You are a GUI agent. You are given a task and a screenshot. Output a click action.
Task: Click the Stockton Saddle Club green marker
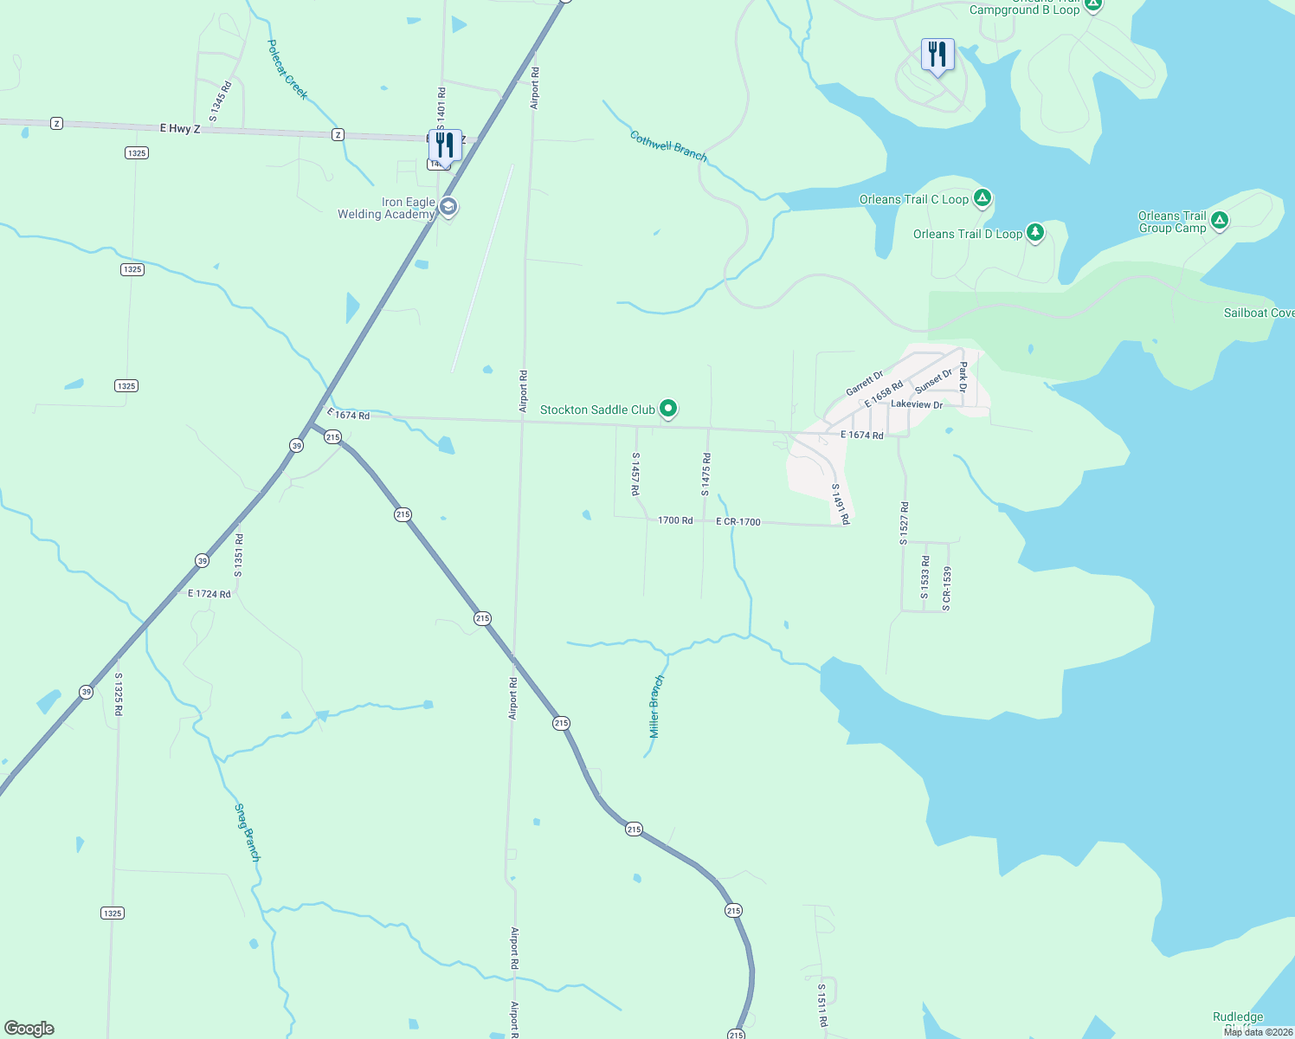tap(667, 408)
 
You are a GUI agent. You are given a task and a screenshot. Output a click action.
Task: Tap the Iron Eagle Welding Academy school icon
tap(448, 207)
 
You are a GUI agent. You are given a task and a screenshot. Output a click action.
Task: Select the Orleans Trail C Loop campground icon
tap(982, 198)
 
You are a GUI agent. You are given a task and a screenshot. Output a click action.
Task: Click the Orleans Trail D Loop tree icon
tap(1034, 232)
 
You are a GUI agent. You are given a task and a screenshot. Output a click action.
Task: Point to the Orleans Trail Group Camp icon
tap(1219, 220)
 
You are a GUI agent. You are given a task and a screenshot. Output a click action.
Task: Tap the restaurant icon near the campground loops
tap(937, 55)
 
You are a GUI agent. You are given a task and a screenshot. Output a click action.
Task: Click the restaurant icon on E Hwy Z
tap(445, 147)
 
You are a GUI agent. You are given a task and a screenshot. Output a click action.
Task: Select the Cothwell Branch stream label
tap(668, 146)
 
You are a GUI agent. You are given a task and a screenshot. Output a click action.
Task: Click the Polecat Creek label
tap(287, 69)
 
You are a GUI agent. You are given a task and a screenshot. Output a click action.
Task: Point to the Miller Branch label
tap(656, 707)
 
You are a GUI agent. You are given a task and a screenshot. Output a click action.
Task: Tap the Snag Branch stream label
tap(247, 832)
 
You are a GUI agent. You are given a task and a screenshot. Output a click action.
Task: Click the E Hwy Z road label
tap(180, 129)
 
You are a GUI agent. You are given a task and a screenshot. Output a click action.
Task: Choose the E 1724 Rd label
tap(209, 594)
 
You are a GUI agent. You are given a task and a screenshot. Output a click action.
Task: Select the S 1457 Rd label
tap(635, 474)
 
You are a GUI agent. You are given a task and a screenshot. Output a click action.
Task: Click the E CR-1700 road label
tap(738, 522)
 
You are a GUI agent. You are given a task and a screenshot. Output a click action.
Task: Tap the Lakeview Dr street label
tap(917, 404)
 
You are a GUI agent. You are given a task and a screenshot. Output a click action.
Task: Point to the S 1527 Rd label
tap(905, 522)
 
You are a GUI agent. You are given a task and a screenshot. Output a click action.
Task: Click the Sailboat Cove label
tap(1259, 313)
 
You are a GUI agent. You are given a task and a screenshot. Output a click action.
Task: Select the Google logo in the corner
tap(29, 1028)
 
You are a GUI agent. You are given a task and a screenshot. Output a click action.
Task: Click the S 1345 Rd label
tap(220, 100)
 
